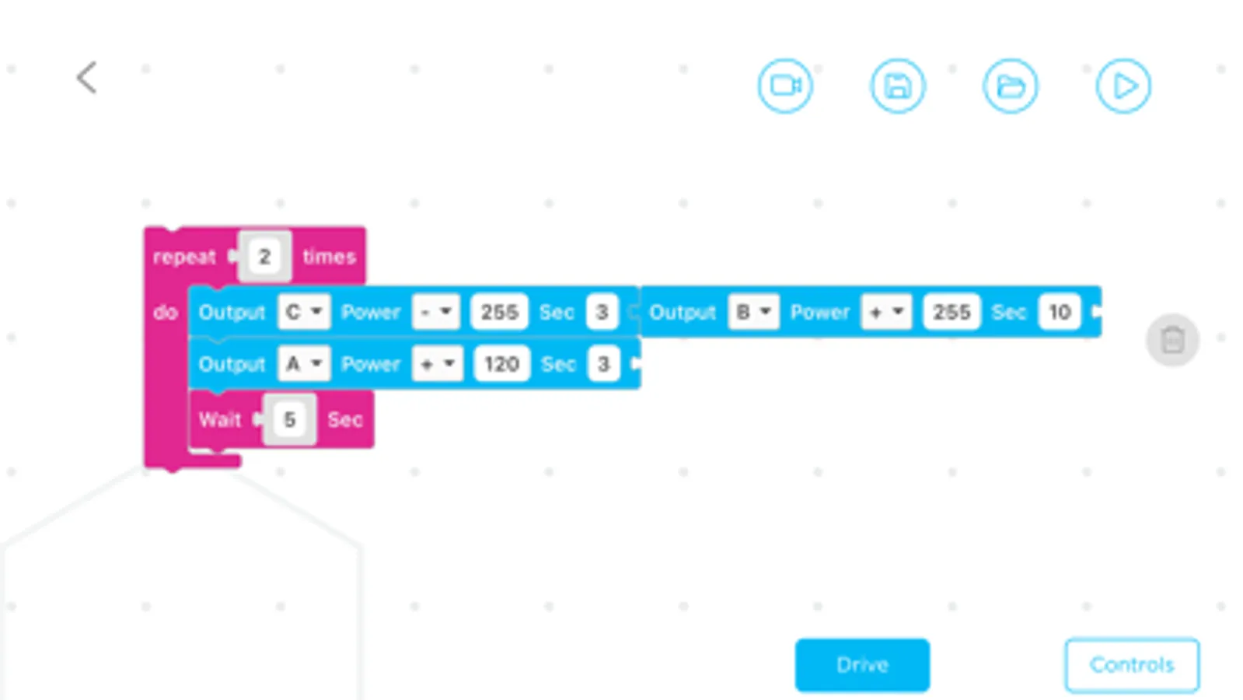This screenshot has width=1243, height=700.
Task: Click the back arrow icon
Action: (86, 78)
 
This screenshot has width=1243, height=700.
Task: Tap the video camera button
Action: (785, 86)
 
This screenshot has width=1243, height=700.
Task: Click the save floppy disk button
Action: (898, 86)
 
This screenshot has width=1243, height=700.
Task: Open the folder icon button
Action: (1011, 86)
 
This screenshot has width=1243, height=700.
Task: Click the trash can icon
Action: (1172, 340)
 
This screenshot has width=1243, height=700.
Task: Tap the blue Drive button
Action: (862, 665)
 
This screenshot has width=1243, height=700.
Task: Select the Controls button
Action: (1132, 665)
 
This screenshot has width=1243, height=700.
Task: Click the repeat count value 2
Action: (264, 257)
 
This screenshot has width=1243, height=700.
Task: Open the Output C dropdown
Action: (303, 311)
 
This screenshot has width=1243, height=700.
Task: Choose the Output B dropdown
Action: (753, 311)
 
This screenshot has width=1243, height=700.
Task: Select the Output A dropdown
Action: (303, 363)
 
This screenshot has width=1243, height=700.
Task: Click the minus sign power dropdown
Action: (436, 311)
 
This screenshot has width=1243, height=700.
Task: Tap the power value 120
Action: (501, 363)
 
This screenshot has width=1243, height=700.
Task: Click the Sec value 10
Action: (1060, 311)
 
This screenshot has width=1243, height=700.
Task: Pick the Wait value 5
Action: (290, 420)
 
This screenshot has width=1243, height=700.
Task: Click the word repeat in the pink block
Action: (184, 257)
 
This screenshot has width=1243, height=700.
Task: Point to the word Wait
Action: (220, 420)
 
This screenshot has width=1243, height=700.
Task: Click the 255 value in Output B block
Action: (951, 311)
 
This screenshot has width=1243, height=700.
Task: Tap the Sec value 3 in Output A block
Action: (603, 363)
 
